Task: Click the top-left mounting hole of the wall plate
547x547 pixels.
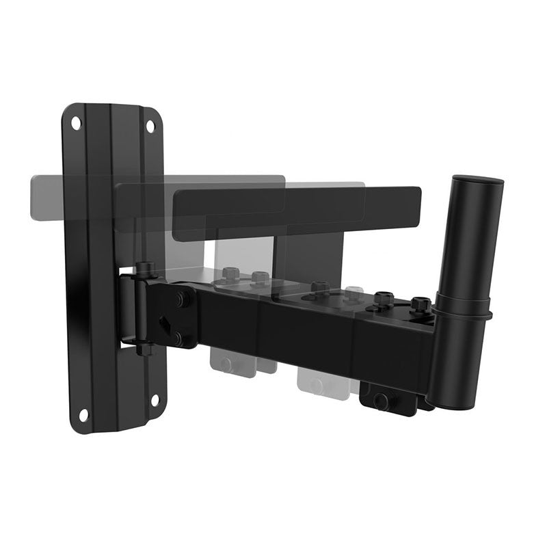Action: coord(76,124)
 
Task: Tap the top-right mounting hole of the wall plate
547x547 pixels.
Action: coord(150,126)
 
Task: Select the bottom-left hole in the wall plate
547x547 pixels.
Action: coord(83,415)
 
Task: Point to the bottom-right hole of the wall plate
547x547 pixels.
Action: coord(155,400)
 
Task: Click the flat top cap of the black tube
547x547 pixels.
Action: coord(477,181)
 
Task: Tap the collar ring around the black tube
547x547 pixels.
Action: coord(462,312)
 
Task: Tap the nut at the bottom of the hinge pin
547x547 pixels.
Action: coord(144,349)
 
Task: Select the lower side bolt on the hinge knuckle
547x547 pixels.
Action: coord(178,337)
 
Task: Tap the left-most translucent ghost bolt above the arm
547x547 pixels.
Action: coord(230,274)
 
